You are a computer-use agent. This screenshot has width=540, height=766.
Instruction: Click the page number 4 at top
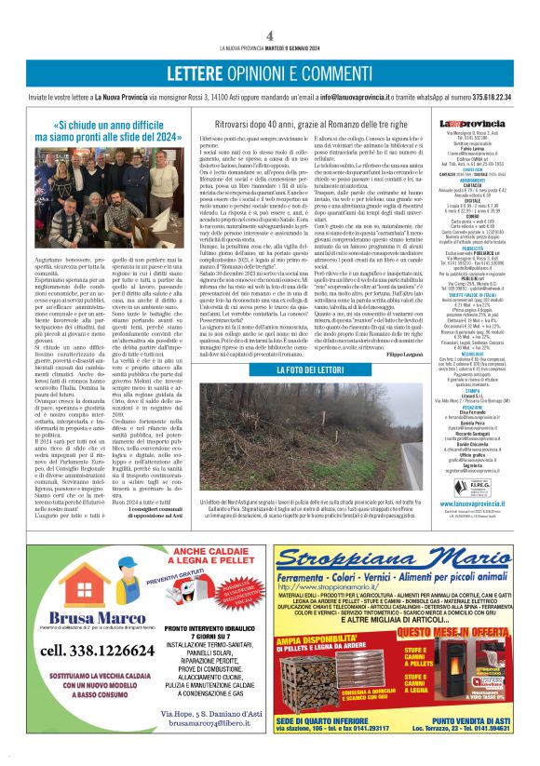point(269,34)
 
